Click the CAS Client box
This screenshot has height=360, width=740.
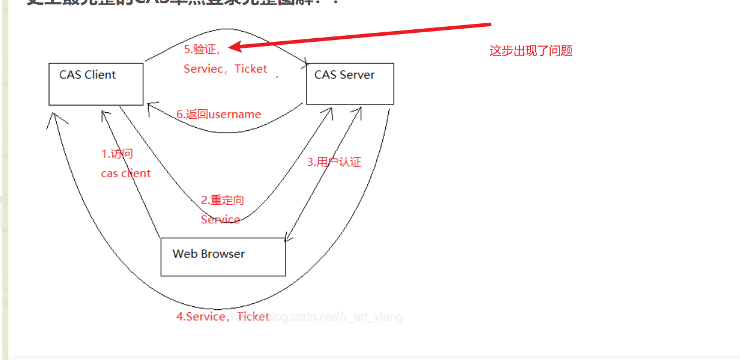coord(96,84)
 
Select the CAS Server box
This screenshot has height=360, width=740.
coord(349,84)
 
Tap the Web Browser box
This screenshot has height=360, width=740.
coord(223,257)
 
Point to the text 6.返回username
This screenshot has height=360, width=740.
coord(219,114)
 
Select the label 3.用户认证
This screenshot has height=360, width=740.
coord(334,162)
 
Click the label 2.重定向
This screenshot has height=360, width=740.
coord(222,201)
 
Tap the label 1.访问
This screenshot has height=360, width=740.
coord(117,154)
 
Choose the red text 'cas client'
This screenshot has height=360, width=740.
coord(125,174)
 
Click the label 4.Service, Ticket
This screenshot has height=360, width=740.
coord(222,316)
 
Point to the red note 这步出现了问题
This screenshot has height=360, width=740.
coord(531,51)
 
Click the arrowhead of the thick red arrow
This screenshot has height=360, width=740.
coord(235,47)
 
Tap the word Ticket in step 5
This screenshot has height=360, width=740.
coord(251,69)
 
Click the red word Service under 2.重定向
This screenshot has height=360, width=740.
coord(220,220)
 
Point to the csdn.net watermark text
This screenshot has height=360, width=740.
coord(334,316)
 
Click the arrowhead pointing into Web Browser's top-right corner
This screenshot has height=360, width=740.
coord(288,238)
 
